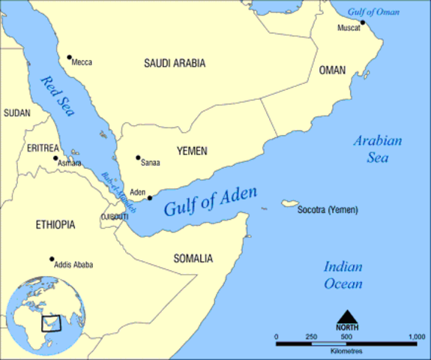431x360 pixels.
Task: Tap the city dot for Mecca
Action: pos(69,58)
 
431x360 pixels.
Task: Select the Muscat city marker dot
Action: pos(362,22)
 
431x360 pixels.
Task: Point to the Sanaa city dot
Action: pos(138,157)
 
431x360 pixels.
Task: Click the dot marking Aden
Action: pos(150,198)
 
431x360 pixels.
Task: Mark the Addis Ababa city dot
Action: pos(52,259)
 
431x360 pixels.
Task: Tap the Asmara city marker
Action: pos(55,158)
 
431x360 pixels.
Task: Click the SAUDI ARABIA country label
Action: pos(175,64)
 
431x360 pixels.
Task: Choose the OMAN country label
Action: pos(332,70)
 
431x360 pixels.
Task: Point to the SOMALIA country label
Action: pos(193,259)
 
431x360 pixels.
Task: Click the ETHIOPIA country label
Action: pos(57,224)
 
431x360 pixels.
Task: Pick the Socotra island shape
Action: pos(287,204)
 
